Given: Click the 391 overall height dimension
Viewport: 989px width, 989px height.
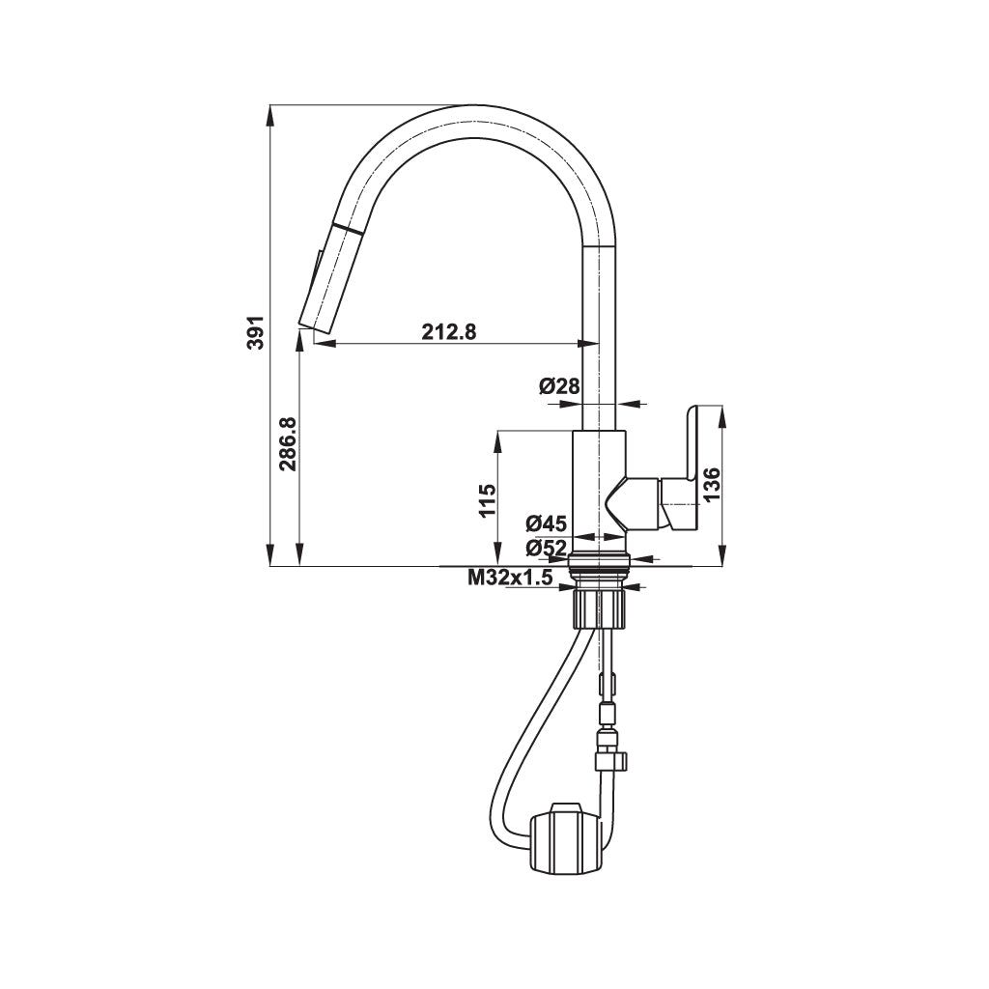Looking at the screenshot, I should pos(254,333).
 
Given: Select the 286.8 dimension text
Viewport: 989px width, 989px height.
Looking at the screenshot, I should pos(287,444).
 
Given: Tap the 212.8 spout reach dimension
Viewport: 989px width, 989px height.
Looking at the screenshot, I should pos(449,331).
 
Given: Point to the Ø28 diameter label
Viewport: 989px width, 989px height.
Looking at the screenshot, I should pos(559,386).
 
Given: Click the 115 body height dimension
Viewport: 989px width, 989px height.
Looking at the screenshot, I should pos(487,500).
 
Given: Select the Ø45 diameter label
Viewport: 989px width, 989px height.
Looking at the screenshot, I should pos(546,524).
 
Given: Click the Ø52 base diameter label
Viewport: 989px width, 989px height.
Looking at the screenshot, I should pos(546,548).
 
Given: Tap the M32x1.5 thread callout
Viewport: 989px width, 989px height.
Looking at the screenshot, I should pos(509,578).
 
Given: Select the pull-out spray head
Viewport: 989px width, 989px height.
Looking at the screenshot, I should pos(325,275).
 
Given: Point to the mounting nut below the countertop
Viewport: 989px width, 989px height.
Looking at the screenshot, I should pos(600,608).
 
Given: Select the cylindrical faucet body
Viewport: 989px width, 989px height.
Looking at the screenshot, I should pos(599,483).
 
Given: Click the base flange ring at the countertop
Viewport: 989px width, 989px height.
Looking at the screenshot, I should pos(600,559).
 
